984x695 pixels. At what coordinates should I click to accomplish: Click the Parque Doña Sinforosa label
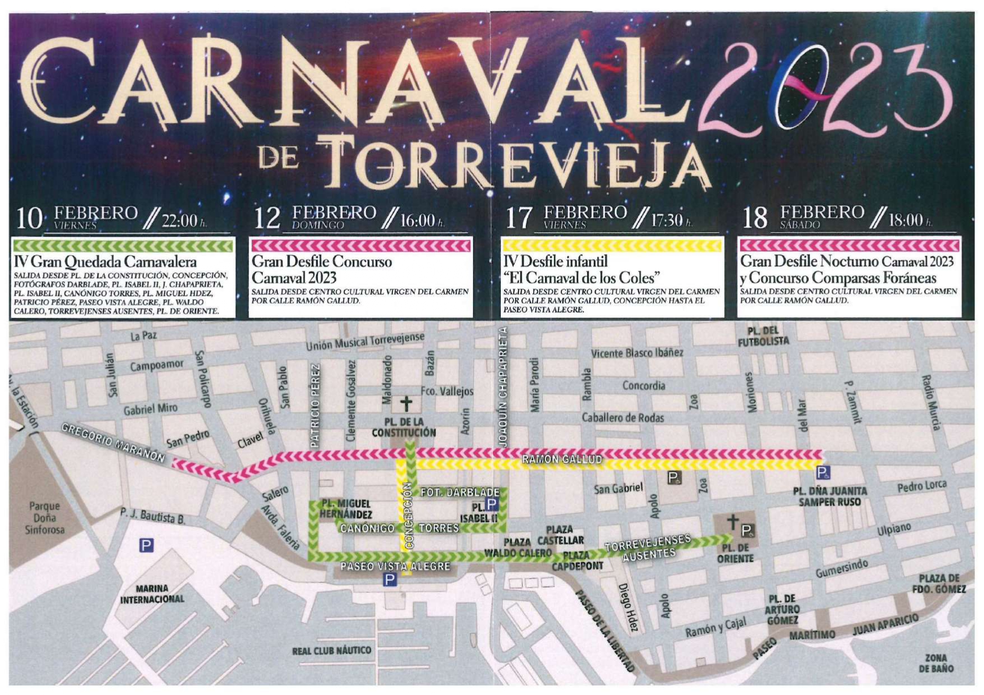(44, 518)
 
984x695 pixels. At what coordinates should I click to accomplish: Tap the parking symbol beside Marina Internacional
(146, 545)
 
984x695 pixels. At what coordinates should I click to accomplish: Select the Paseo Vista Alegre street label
(395, 567)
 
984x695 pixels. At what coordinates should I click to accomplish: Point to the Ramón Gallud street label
(562, 460)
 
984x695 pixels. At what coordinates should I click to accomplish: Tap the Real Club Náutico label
(331, 651)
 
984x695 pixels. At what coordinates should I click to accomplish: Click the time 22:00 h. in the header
(183, 220)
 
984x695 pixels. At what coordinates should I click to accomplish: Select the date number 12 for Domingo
(267, 218)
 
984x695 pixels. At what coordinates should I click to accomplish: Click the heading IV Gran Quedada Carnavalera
(105, 262)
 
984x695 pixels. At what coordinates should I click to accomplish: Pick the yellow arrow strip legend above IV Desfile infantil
(612, 245)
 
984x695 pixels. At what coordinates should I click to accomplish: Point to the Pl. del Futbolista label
(763, 336)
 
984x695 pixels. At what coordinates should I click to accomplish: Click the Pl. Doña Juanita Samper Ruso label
(829, 497)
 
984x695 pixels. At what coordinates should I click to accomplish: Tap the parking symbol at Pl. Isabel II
(491, 504)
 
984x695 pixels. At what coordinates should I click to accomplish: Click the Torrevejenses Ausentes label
(648, 548)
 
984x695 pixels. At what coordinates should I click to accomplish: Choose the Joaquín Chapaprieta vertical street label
(502, 387)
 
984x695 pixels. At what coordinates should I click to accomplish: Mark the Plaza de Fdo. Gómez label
(938, 583)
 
